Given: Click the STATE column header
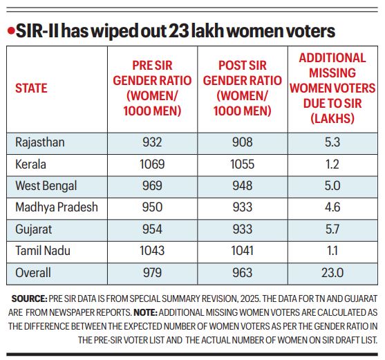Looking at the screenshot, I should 31,88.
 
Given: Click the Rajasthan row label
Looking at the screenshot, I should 39,143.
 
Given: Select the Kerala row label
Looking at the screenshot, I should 30,164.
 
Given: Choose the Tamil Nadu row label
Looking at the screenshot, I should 41,252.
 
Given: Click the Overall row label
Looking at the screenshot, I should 33,274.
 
